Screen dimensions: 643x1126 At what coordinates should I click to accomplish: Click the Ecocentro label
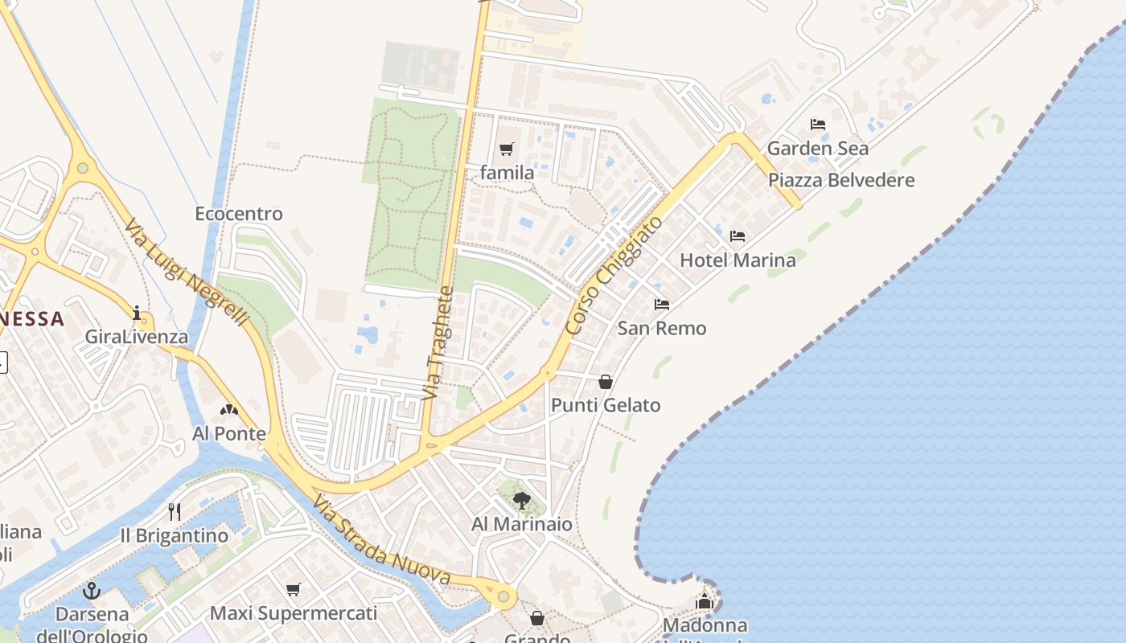point(239,214)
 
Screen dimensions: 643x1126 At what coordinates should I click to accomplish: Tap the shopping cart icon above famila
point(506,149)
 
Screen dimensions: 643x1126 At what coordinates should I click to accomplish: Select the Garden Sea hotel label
point(817,149)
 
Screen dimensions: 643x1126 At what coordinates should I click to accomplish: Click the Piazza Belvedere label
point(841,180)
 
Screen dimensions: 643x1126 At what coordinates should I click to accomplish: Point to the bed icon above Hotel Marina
point(737,236)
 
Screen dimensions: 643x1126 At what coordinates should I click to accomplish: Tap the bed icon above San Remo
point(662,305)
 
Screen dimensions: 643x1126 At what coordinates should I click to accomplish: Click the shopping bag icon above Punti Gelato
point(605,382)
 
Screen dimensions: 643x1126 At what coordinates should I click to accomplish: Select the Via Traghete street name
point(439,346)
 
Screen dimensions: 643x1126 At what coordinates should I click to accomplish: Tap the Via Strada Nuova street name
point(381,541)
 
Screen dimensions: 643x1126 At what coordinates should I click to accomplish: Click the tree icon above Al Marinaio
point(522,501)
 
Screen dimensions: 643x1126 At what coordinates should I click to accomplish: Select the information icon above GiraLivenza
point(138,313)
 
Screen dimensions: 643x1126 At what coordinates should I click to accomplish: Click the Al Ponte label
point(229,434)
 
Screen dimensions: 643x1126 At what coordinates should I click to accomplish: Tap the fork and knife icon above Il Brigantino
point(174,511)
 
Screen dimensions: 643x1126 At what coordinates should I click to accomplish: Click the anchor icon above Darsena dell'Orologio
point(92,592)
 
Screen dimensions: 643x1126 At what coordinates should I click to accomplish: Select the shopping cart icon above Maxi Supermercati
point(294,590)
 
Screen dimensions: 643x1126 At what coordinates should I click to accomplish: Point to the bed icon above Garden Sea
point(818,125)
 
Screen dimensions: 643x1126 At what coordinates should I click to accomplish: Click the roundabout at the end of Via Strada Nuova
point(503,596)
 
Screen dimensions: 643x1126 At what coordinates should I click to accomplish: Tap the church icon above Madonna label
point(705,601)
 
